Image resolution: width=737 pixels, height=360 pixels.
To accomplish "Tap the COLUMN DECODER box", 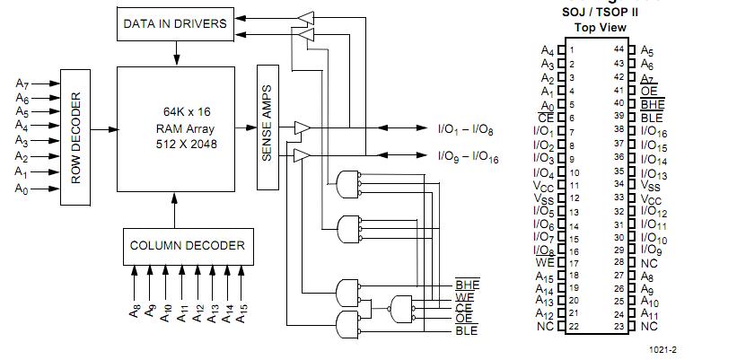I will pyautogui.click(x=187, y=245).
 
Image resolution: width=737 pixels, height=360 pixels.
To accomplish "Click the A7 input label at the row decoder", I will pyautogui.click(x=22, y=83).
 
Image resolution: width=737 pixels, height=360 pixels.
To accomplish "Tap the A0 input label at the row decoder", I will pyautogui.click(x=22, y=189).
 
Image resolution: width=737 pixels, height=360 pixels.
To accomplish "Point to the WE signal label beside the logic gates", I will pyautogui.click(x=465, y=296).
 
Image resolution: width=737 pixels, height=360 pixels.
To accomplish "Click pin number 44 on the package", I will pyautogui.click(x=619, y=49).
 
